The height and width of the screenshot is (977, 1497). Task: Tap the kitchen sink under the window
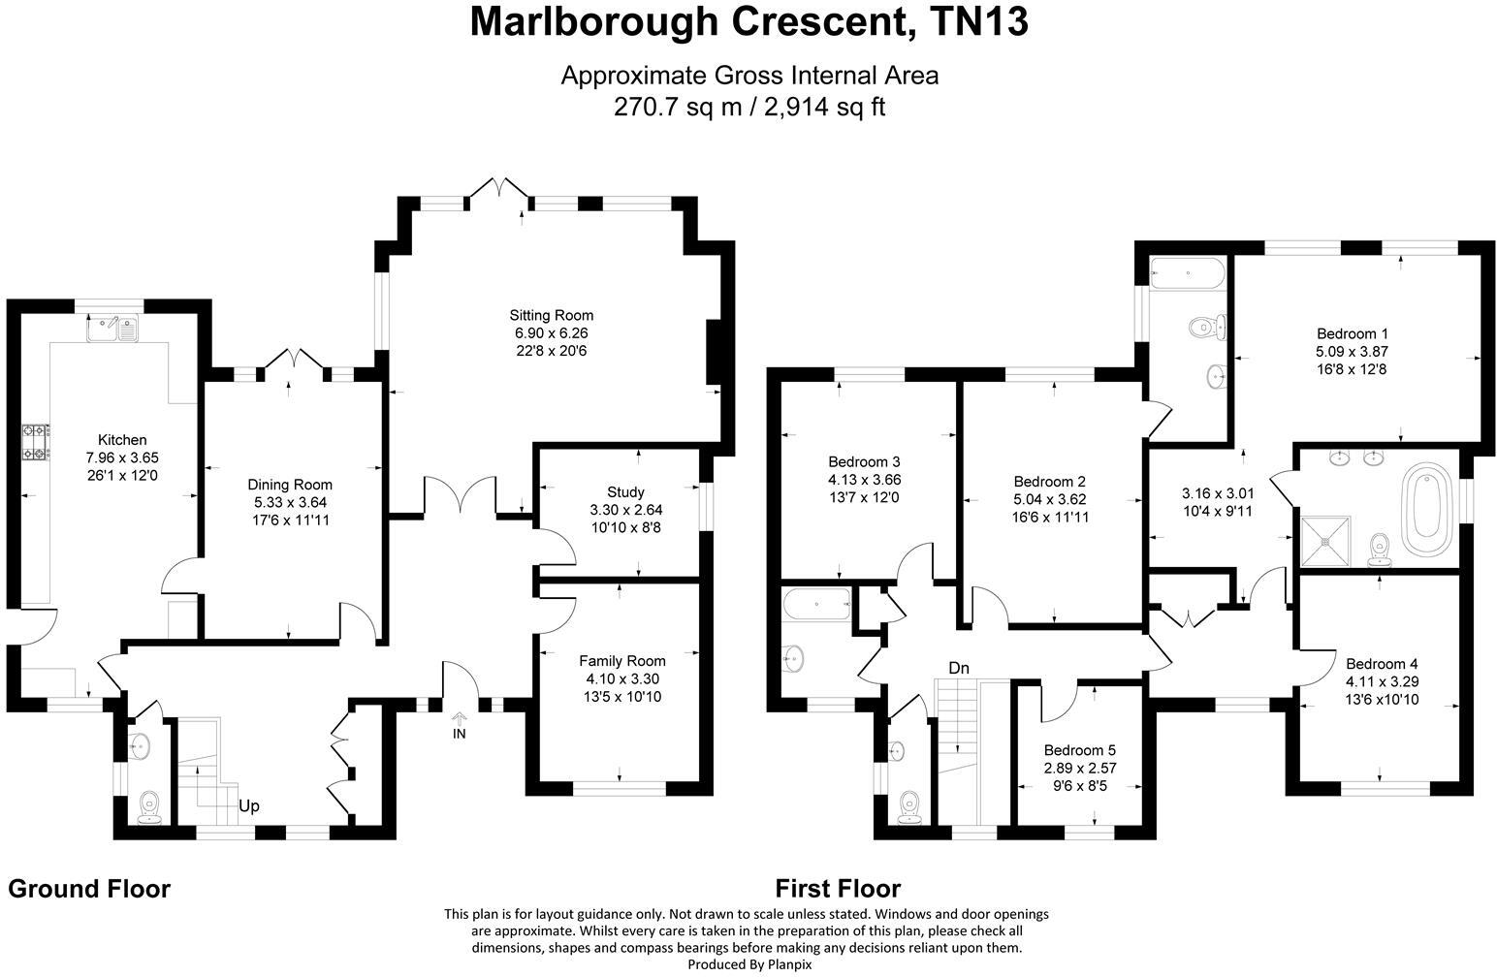click(x=112, y=329)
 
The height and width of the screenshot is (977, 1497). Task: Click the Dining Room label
click(x=290, y=485)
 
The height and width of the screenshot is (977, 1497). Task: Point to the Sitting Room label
click(x=551, y=315)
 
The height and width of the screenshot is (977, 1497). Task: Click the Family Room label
click(x=622, y=661)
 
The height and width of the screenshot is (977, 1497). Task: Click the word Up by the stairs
click(x=249, y=805)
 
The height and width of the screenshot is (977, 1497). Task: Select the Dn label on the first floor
click(x=959, y=668)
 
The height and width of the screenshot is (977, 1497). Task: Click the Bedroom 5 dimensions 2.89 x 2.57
click(x=1079, y=768)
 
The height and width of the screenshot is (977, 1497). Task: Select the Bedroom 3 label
click(x=864, y=461)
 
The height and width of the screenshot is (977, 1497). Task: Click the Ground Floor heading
click(x=89, y=889)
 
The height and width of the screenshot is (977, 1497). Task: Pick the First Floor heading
click(x=838, y=889)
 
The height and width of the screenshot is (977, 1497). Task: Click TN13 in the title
click(x=978, y=21)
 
